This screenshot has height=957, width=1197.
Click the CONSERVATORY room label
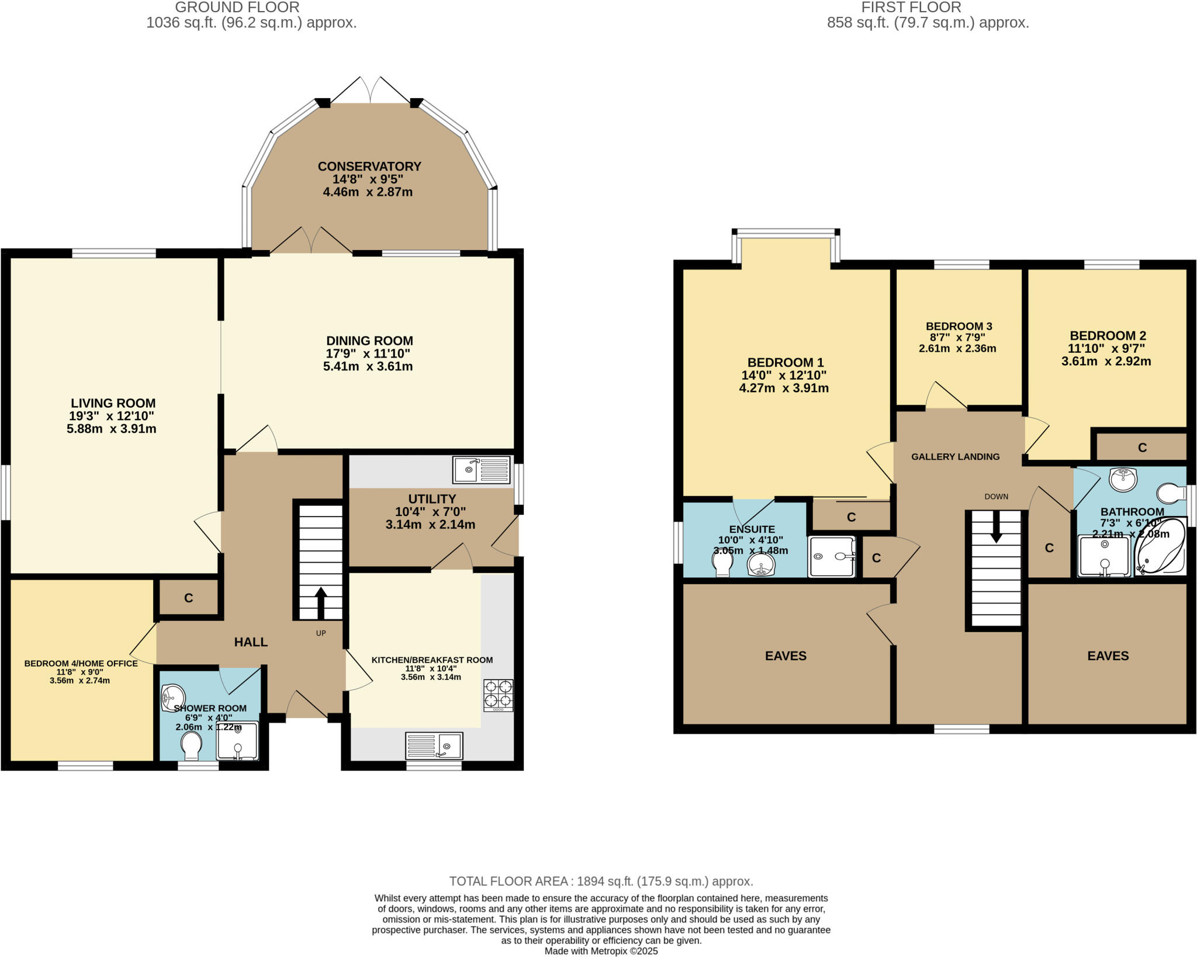point(369,167)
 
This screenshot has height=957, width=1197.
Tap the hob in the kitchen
point(498,694)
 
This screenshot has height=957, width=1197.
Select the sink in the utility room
point(481,470)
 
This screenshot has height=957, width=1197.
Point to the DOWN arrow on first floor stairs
point(996,526)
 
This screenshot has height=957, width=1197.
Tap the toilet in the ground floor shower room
point(191,745)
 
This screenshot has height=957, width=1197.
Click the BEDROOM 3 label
point(959,326)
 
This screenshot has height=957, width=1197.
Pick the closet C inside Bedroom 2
point(1141,448)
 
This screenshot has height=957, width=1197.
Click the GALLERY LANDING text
point(955,457)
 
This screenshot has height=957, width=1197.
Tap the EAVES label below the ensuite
point(786,656)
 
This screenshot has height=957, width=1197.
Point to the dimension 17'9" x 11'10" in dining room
point(368,353)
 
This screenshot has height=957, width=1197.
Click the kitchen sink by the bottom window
point(434,746)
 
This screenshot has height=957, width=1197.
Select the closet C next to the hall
point(188,598)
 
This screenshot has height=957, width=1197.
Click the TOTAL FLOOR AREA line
point(601,881)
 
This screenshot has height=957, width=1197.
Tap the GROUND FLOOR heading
point(237,8)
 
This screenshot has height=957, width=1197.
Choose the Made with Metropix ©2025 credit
point(601,951)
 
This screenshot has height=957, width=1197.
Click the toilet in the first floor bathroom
point(1173,493)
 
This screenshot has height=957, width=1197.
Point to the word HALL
point(251,642)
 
